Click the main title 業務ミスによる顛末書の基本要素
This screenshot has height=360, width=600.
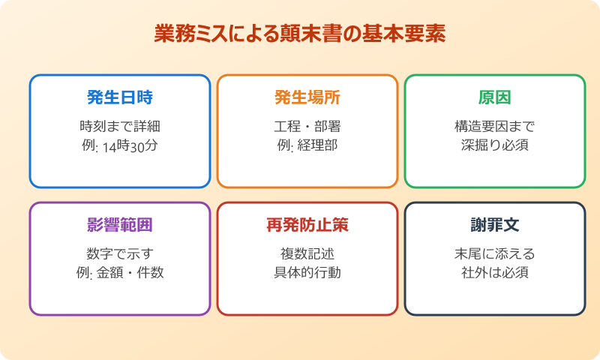click(x=300, y=34)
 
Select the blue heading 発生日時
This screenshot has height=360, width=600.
click(x=120, y=97)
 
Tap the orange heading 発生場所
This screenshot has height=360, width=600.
click(x=307, y=97)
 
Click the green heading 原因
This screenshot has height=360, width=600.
click(x=495, y=97)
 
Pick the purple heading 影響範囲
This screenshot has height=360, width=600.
click(x=120, y=225)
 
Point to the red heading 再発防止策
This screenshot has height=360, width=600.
click(x=307, y=225)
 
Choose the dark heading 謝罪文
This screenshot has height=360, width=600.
click(x=495, y=225)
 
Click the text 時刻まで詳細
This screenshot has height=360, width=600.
click(x=120, y=125)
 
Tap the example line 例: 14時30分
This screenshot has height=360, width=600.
click(x=120, y=144)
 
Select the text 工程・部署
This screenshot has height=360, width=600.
click(x=307, y=125)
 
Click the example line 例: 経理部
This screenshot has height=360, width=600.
click(x=307, y=144)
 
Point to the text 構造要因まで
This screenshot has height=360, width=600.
click(x=495, y=125)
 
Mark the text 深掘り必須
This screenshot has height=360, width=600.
click(x=495, y=144)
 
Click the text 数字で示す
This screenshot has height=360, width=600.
click(x=120, y=253)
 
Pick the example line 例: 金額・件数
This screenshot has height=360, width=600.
click(x=120, y=271)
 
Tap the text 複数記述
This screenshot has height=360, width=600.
click(x=307, y=253)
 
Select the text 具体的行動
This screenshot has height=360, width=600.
click(x=307, y=271)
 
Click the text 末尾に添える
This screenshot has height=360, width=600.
click(x=495, y=253)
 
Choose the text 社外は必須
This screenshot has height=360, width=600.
click(x=495, y=271)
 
